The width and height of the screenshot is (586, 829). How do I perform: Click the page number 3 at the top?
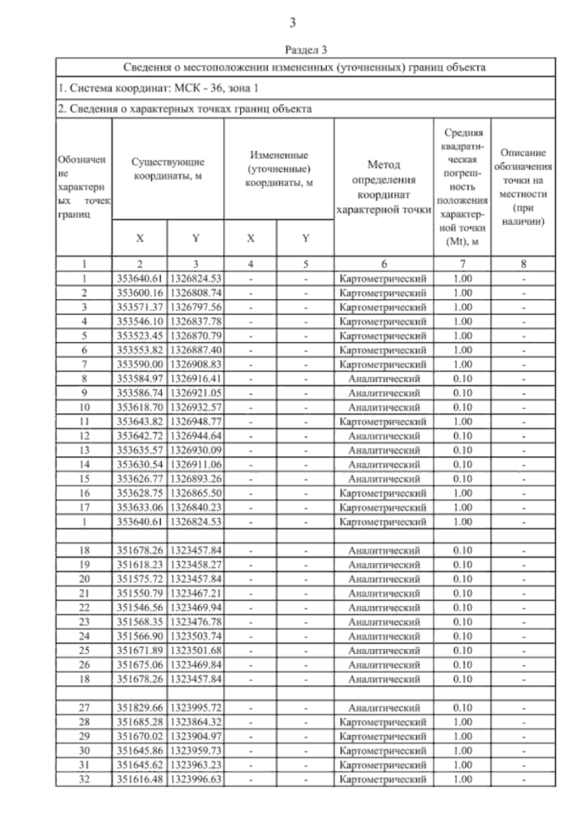[x=293, y=22]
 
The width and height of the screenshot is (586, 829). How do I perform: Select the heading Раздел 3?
[x=306, y=50]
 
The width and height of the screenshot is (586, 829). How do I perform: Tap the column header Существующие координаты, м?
[x=168, y=169]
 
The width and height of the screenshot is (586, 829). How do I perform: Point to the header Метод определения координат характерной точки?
[x=384, y=187]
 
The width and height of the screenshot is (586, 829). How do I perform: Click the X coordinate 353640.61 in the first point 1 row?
[x=140, y=279]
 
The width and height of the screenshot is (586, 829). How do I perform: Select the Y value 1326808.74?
[x=195, y=293]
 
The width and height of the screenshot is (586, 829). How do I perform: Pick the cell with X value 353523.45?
[x=140, y=336]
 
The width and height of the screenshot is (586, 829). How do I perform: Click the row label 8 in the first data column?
[x=84, y=379]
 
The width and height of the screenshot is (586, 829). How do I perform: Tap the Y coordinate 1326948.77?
[x=195, y=422]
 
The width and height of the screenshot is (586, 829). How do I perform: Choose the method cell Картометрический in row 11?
[x=384, y=422]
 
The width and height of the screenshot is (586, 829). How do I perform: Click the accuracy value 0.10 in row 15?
[x=462, y=479]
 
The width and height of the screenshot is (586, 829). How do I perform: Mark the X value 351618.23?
[x=140, y=565]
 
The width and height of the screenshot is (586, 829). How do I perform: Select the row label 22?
[x=84, y=608]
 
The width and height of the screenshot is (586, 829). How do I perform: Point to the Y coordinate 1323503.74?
[x=195, y=636]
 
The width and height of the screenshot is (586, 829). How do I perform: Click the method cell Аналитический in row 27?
[x=384, y=708]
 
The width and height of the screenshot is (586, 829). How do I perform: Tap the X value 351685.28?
[x=140, y=722]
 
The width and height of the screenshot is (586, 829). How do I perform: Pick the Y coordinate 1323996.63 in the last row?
[x=195, y=779]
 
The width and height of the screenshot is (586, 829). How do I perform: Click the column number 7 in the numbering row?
[x=462, y=264]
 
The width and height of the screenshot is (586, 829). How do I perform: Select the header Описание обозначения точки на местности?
[x=523, y=187]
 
